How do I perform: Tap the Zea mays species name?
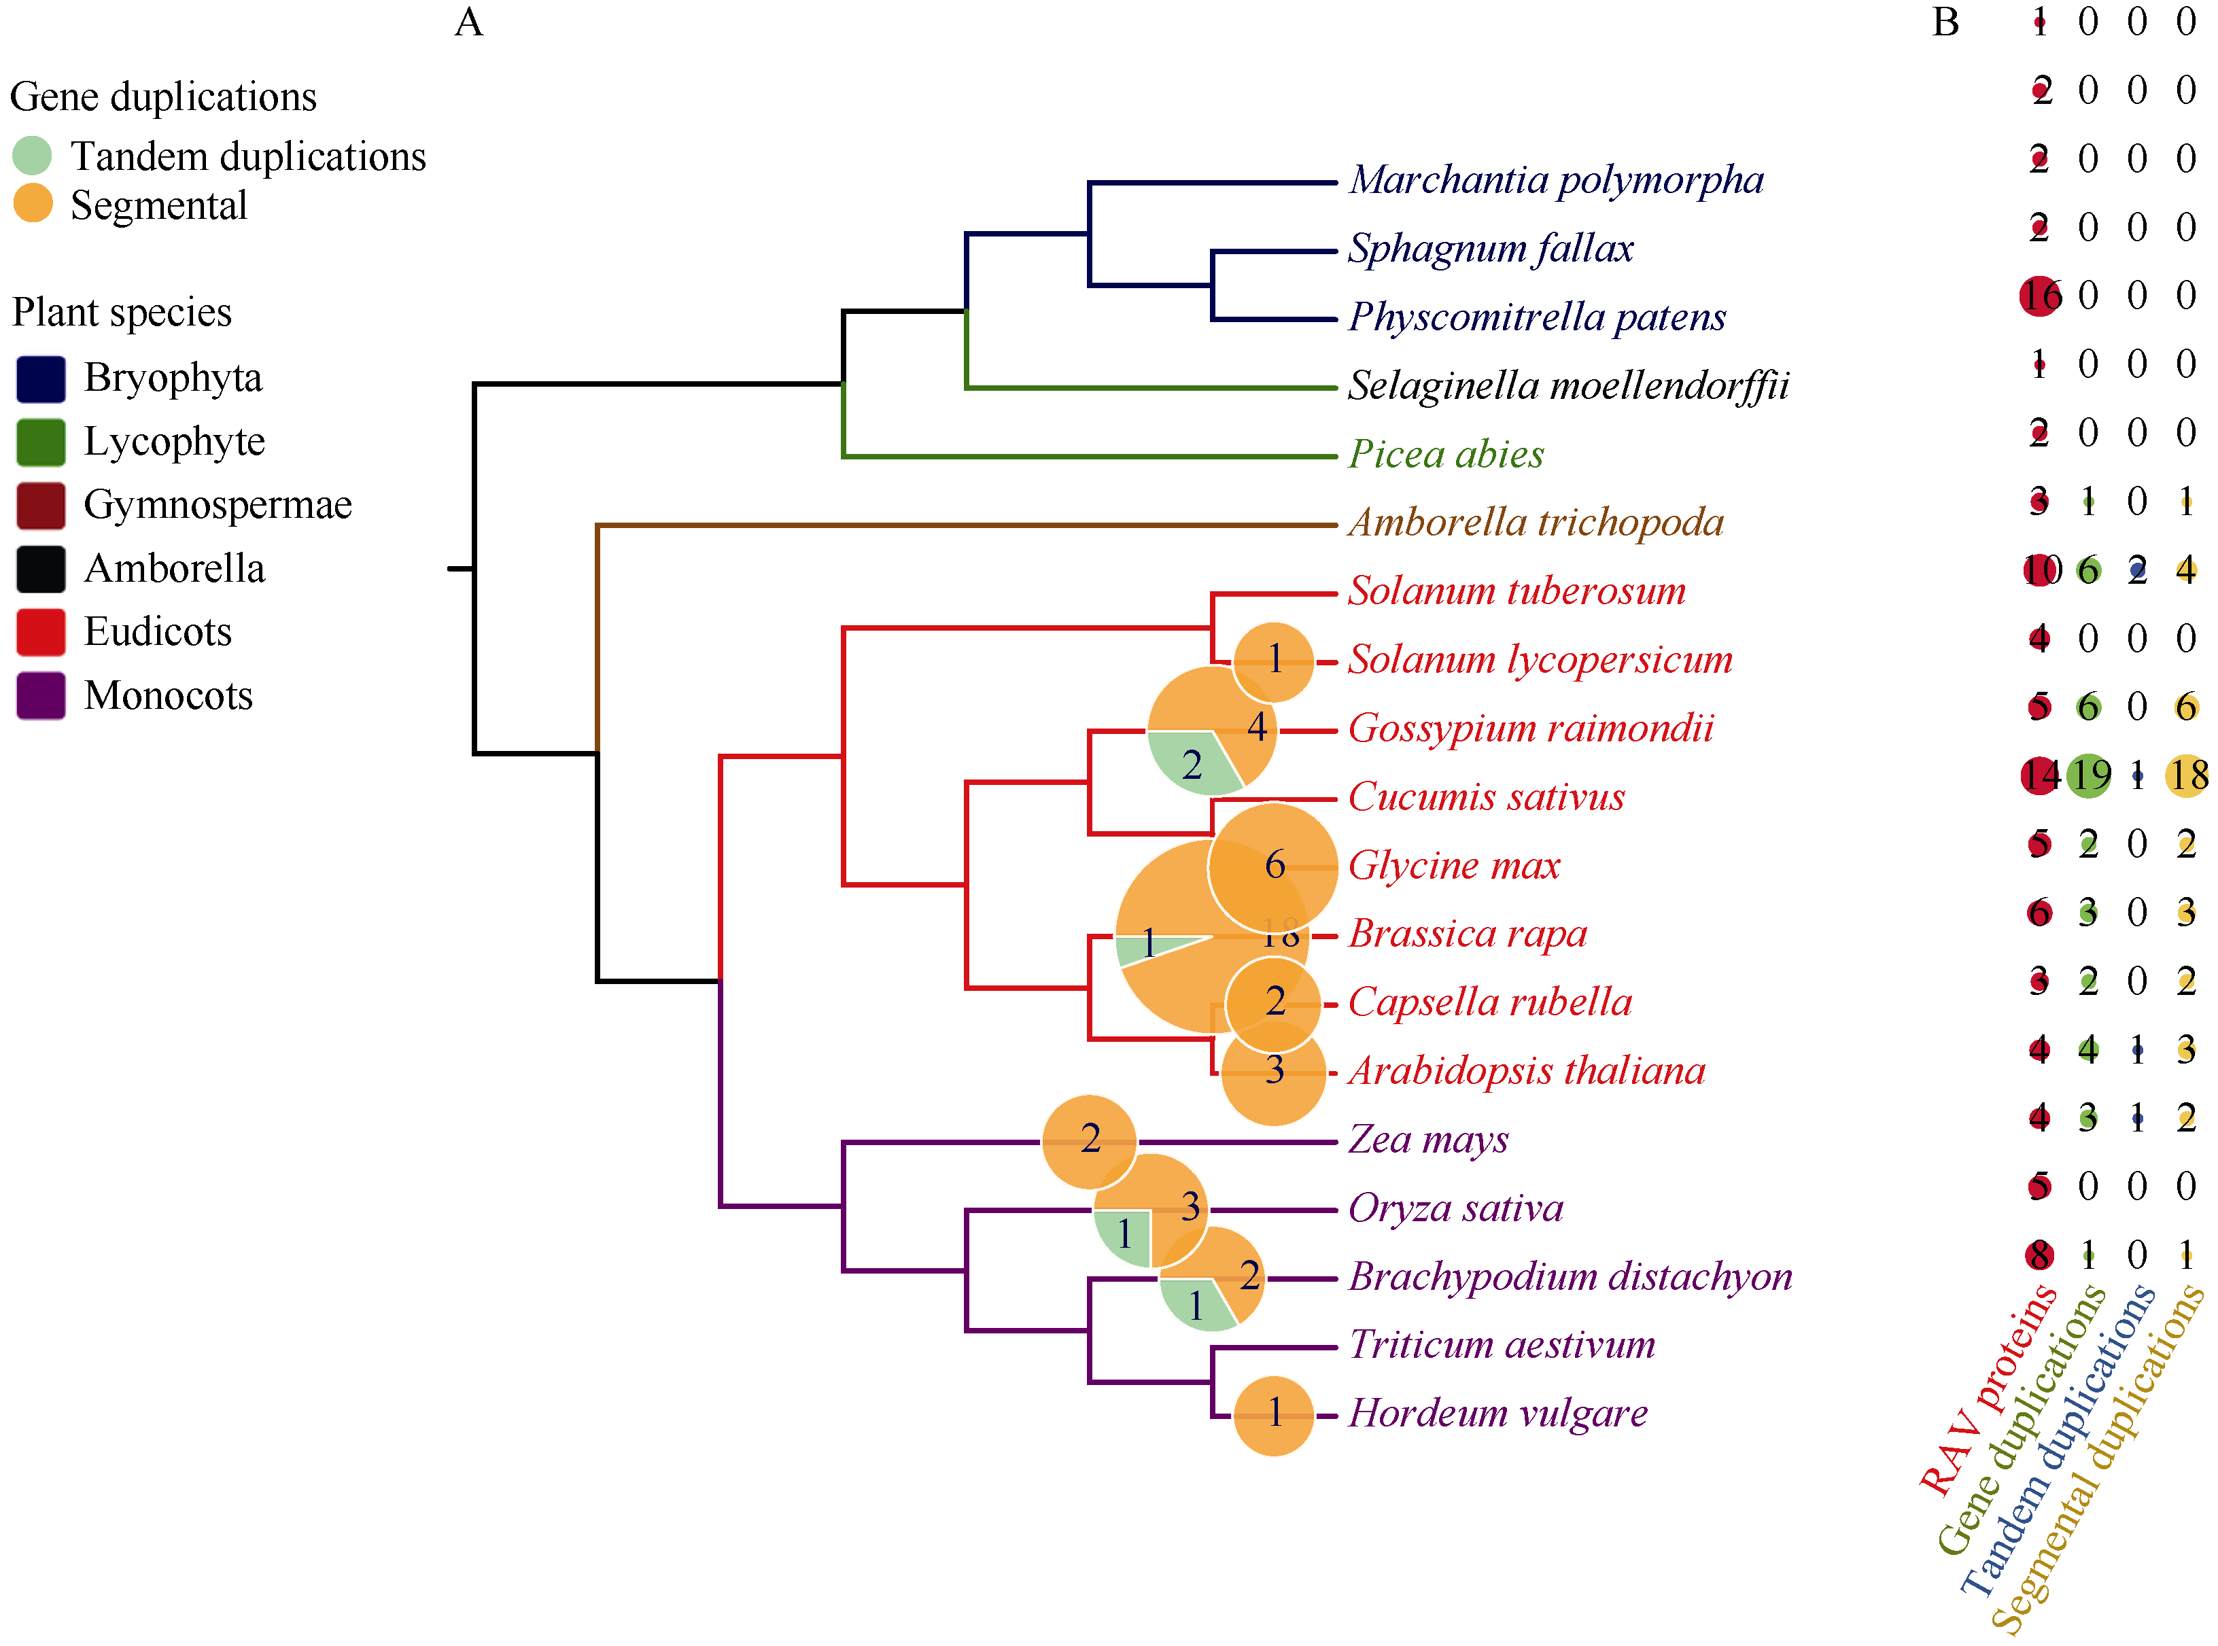pos(1428,1139)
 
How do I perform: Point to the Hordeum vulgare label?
pos(1497,1413)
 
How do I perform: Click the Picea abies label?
pos(1446,455)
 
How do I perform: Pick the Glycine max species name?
pos(1454,865)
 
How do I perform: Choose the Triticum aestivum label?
pos(1502,1345)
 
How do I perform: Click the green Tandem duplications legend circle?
pos(32,156)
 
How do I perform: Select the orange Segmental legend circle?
pos(32,205)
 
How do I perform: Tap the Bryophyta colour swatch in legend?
pos(41,379)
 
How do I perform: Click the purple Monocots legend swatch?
pos(41,695)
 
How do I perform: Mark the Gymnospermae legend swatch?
pos(41,505)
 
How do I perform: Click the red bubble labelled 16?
pos(2040,296)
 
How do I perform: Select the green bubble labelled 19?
pos(2088,775)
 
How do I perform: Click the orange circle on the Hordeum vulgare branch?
pos(1273,1415)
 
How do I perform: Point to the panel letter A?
pos(468,22)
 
